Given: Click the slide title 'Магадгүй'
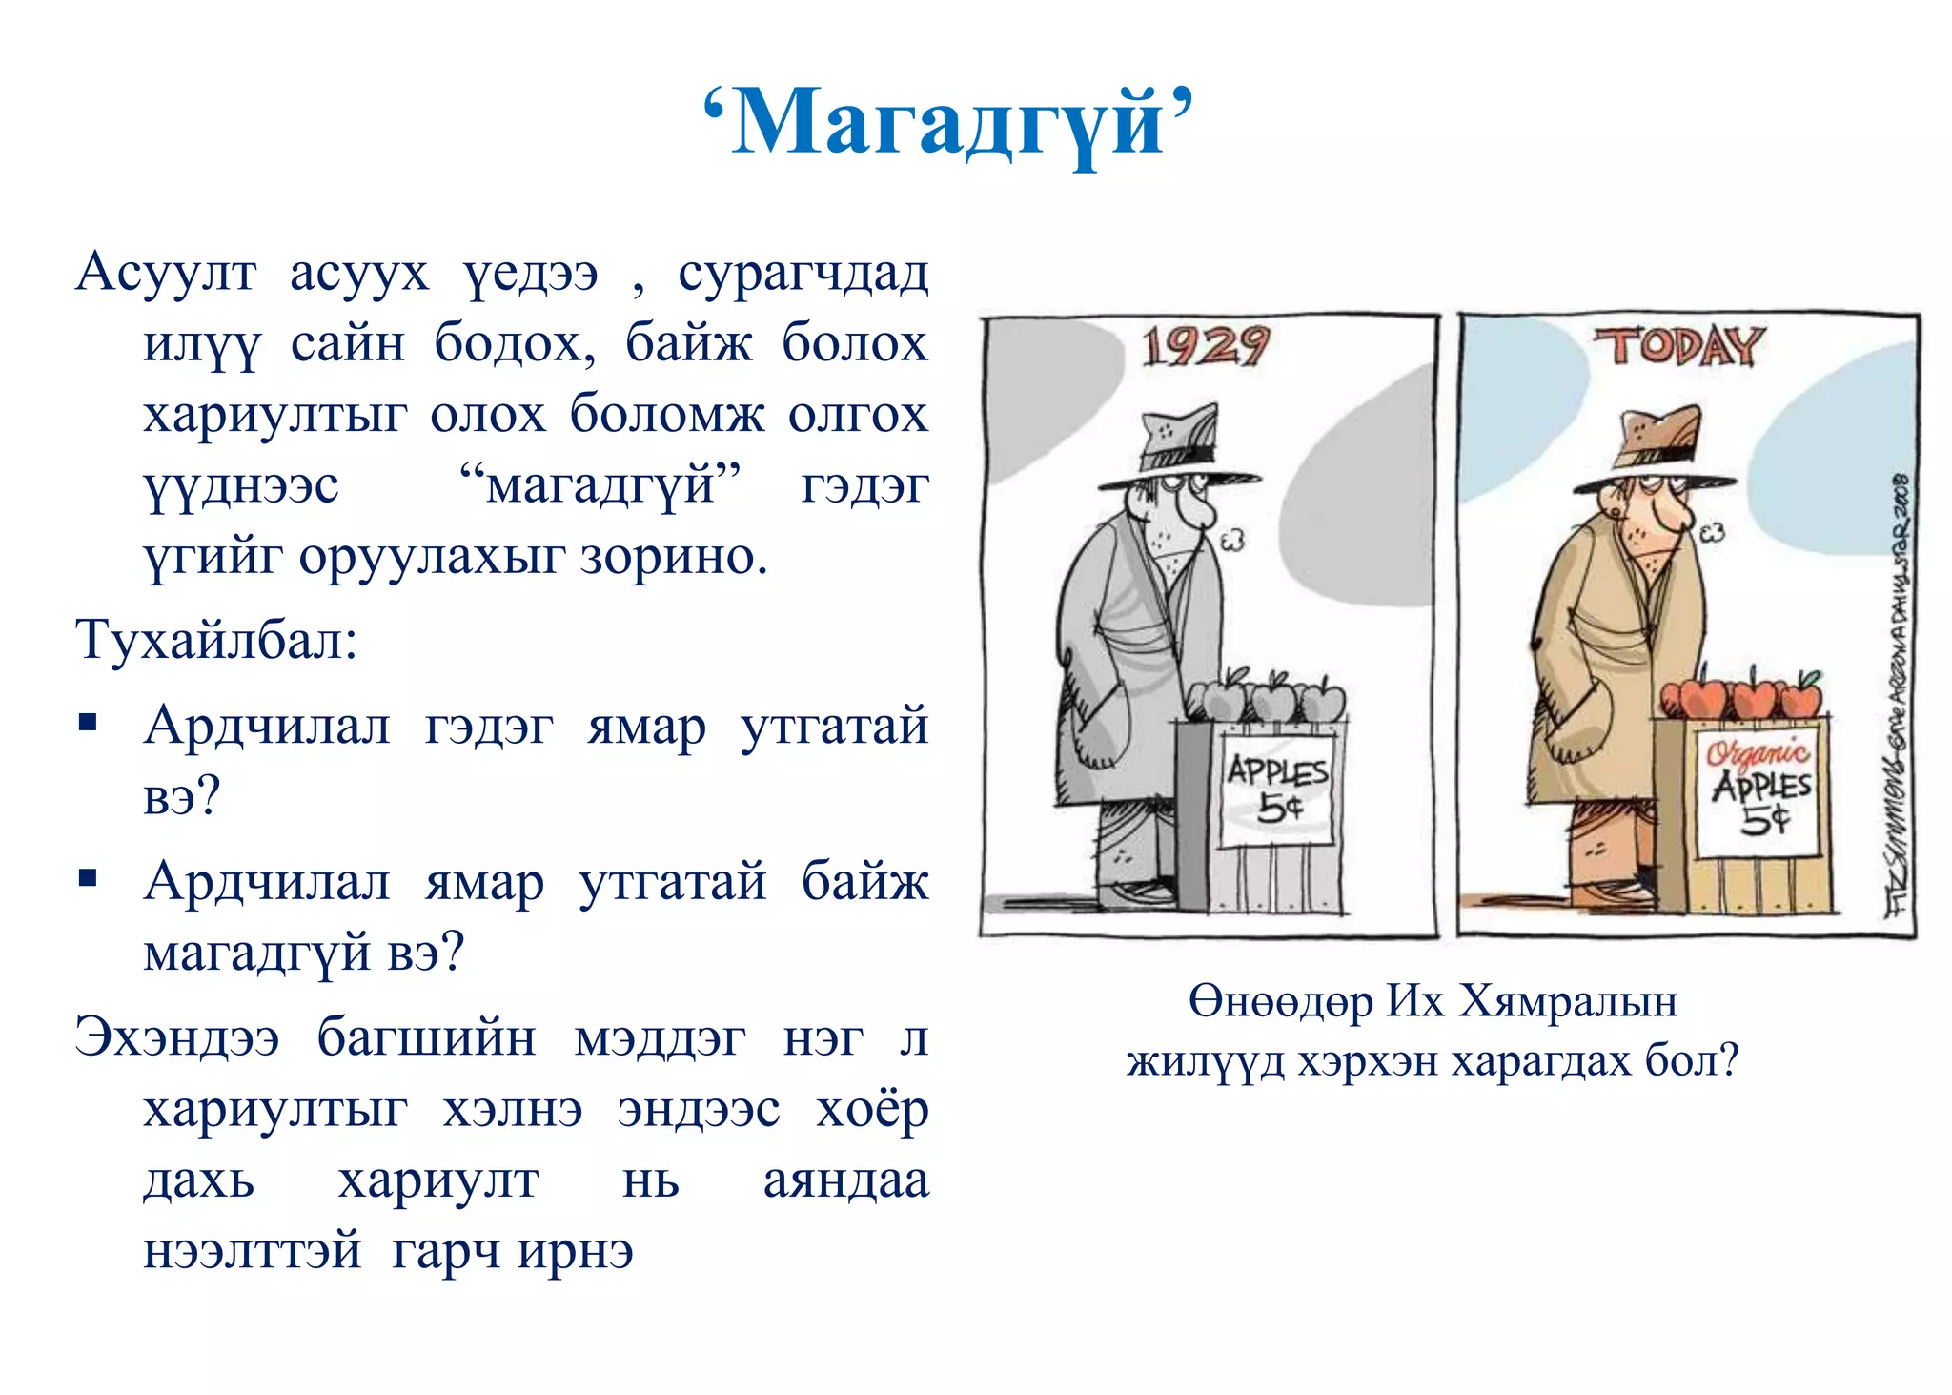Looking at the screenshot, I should (x=948, y=122).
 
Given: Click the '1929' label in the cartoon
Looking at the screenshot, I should (x=1206, y=345).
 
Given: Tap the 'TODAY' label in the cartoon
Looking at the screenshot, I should (x=1680, y=345).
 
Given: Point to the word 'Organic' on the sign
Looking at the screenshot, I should (x=1757, y=753).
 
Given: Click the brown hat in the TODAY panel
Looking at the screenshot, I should (x=1654, y=448).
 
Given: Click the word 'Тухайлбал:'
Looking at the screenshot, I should (x=216, y=639).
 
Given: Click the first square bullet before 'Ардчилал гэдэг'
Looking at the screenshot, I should (x=89, y=722).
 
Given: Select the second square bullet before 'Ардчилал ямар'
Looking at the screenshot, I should (x=89, y=878).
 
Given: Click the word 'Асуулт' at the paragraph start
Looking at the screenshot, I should (x=166, y=273).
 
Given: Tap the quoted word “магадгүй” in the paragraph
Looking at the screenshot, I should (x=600, y=485).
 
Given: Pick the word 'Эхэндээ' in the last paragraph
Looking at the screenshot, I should (x=177, y=1037).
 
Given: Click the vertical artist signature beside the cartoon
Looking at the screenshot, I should (x=1896, y=696).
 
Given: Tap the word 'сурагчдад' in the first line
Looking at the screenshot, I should (x=803, y=273).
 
